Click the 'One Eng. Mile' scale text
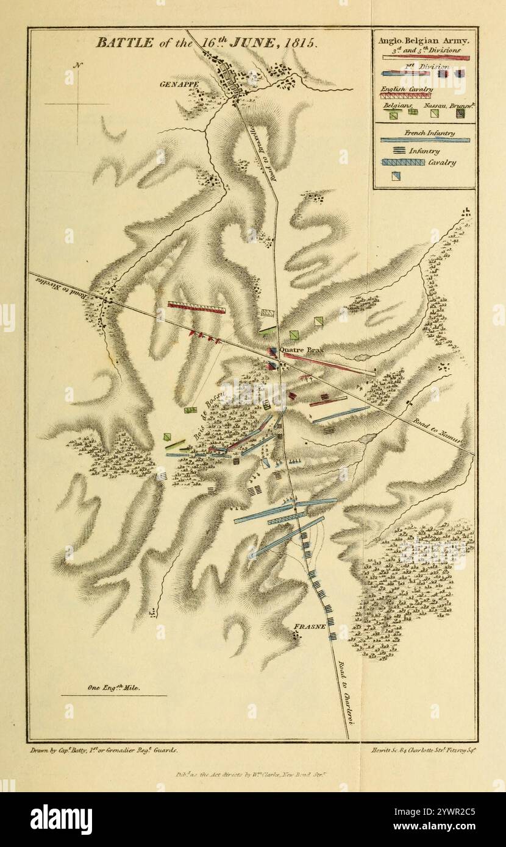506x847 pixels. [x=114, y=687]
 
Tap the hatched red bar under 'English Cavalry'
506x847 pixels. [x=407, y=96]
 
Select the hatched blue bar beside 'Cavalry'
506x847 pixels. [x=403, y=163]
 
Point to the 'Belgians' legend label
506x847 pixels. [x=395, y=105]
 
